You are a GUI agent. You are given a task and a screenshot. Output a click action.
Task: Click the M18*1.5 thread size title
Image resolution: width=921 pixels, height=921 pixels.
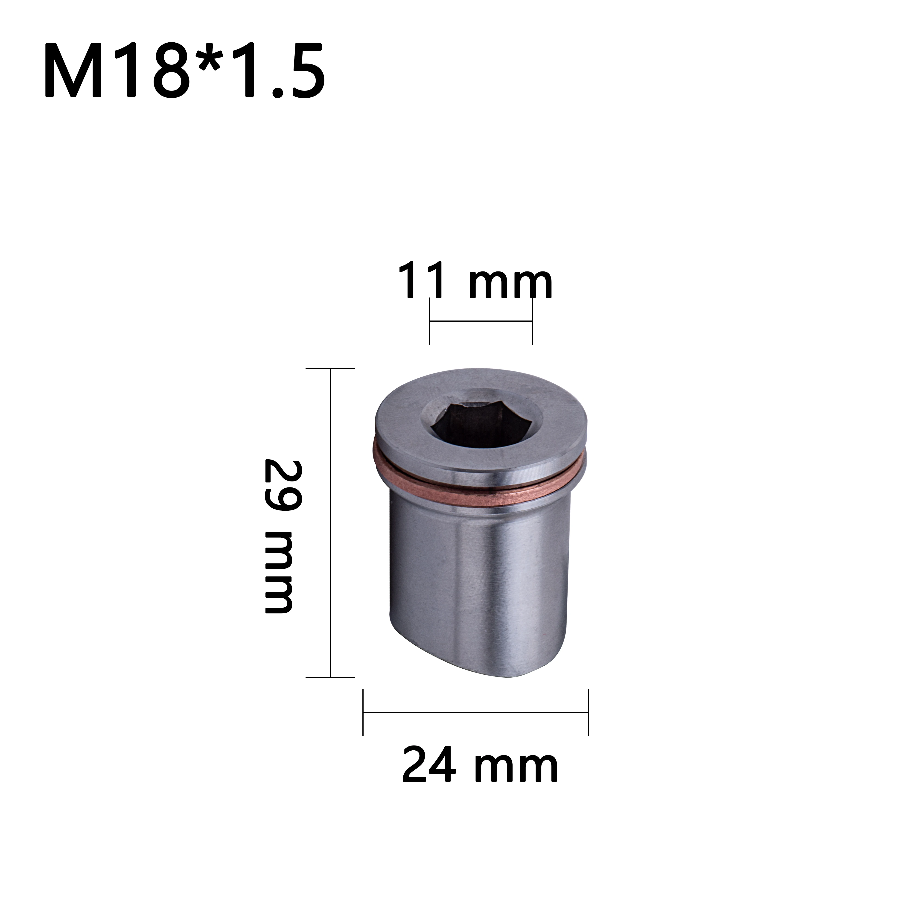[x=185, y=70]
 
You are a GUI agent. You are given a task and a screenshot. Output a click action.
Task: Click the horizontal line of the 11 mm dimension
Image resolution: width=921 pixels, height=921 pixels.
[x=481, y=321]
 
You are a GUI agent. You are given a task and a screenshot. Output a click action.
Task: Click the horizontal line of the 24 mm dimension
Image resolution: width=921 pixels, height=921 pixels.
[x=476, y=713]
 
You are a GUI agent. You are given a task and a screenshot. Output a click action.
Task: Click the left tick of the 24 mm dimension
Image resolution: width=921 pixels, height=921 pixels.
[x=363, y=713]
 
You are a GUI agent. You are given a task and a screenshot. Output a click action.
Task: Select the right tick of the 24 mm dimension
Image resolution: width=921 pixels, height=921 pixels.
[x=588, y=713]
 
